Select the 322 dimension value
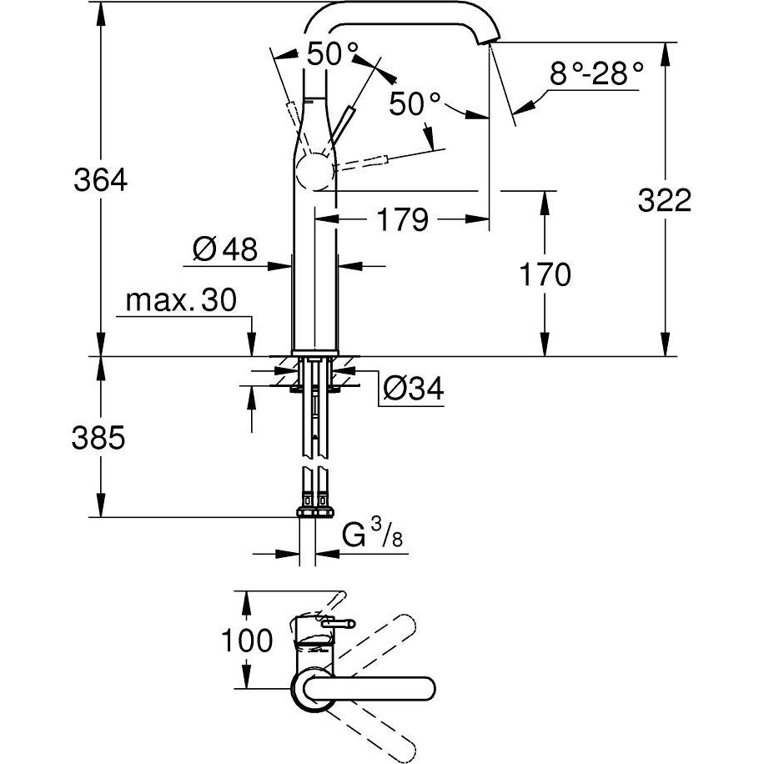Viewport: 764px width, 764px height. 665,200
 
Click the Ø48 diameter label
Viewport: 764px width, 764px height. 224,249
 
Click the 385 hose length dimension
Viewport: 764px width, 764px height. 99,437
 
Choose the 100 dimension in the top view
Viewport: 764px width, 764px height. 247,641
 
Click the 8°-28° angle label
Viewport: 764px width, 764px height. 596,75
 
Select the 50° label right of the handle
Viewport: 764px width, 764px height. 415,104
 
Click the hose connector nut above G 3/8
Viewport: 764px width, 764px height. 314,510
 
